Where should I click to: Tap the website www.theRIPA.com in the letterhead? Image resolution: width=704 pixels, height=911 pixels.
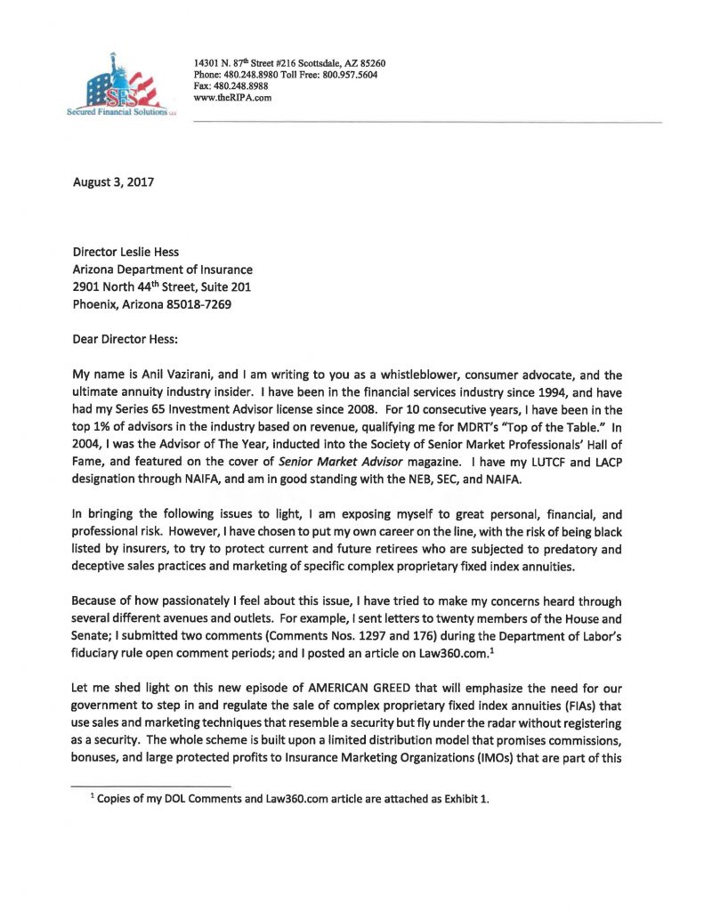pos(232,98)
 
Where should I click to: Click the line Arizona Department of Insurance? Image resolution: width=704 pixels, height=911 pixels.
pos(162,270)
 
